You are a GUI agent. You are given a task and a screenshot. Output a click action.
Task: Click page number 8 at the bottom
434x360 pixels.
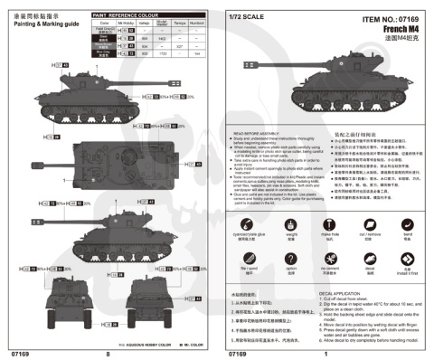(x=108, y=354)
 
